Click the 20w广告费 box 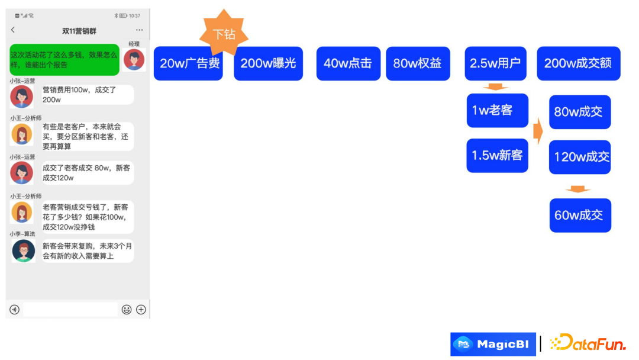(x=188, y=64)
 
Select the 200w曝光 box (x=268, y=64)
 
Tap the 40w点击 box (x=347, y=64)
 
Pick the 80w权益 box (x=418, y=64)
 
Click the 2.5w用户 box (x=495, y=64)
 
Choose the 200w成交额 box (x=578, y=64)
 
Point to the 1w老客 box (x=497, y=110)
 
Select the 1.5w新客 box (x=497, y=156)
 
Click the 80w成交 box (x=579, y=112)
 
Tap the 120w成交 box (x=579, y=157)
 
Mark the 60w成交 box (x=579, y=216)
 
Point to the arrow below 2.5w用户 (x=496, y=87)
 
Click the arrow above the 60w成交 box (x=578, y=189)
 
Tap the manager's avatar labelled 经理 (x=134, y=60)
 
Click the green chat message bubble (x=64, y=60)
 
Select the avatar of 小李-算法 (x=24, y=251)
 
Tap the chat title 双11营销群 (x=79, y=31)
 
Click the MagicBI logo (x=493, y=344)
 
